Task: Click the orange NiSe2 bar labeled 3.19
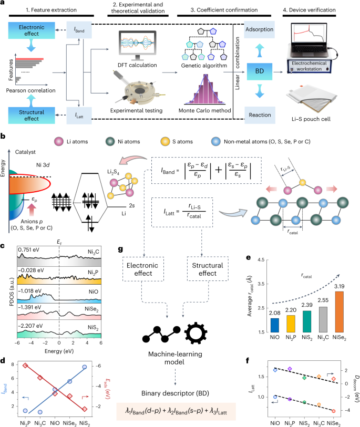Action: [x=340, y=313]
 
